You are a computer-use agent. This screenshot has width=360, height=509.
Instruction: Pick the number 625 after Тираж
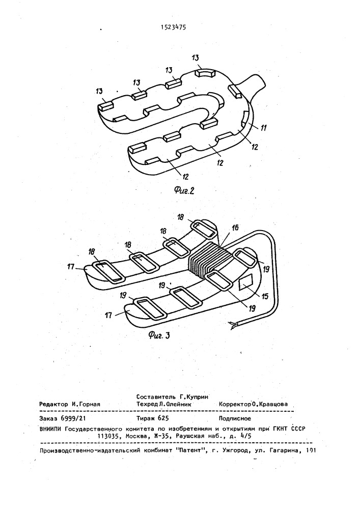pos(163,418)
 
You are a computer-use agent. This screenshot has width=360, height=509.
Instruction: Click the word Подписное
pos(235,418)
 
